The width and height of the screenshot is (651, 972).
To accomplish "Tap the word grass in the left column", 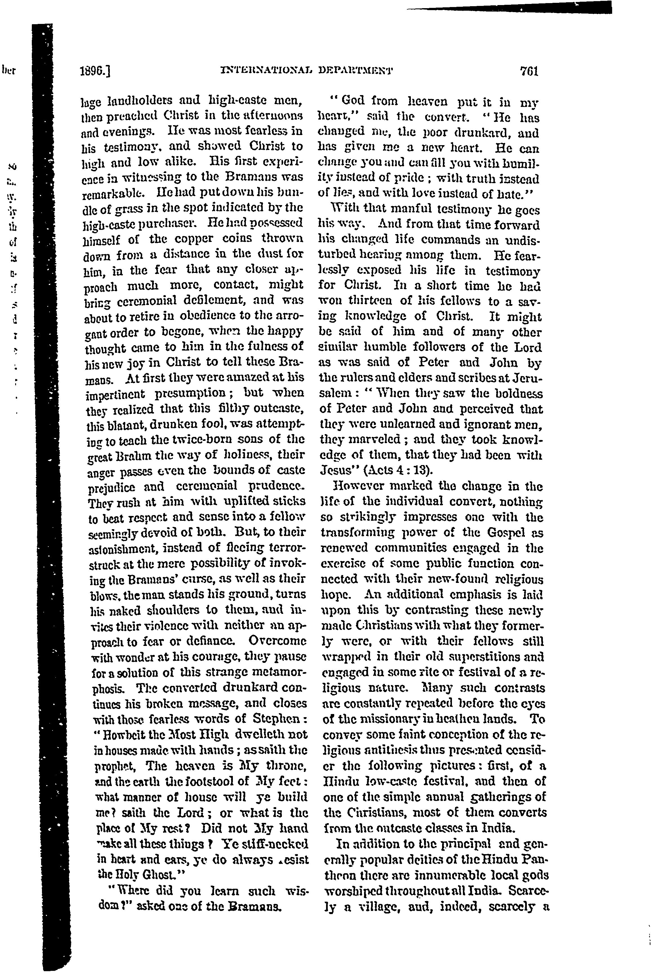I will [x=128, y=207].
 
